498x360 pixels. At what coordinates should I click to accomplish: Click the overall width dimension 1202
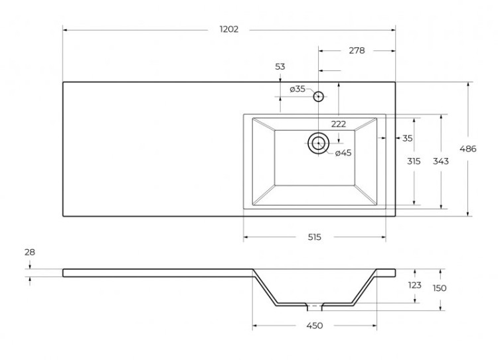pyautogui.click(x=228, y=29)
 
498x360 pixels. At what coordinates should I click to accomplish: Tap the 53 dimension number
pyautogui.click(x=280, y=66)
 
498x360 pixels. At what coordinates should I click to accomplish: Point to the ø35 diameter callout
pyautogui.click(x=297, y=89)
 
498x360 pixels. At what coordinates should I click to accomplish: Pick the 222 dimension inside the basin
pyautogui.click(x=339, y=124)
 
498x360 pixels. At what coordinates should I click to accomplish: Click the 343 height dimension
pyautogui.click(x=440, y=162)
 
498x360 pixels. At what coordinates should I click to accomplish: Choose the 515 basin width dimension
pyautogui.click(x=314, y=237)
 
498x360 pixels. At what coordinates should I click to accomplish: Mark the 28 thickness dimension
pyautogui.click(x=31, y=252)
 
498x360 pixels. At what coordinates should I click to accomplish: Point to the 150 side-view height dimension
pyautogui.click(x=440, y=288)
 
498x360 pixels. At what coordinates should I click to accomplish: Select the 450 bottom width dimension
pyautogui.click(x=314, y=325)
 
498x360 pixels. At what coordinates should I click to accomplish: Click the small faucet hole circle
pyautogui.click(x=319, y=96)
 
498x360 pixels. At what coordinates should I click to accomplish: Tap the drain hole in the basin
pyautogui.click(x=319, y=143)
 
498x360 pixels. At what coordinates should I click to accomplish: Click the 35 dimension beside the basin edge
pyautogui.click(x=407, y=138)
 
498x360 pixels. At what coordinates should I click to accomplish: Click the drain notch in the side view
pyautogui.click(x=314, y=307)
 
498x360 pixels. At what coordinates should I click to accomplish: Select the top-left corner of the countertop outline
pyautogui.click(x=63, y=82)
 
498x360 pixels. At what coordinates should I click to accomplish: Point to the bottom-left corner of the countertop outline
pyautogui.click(x=63, y=216)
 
